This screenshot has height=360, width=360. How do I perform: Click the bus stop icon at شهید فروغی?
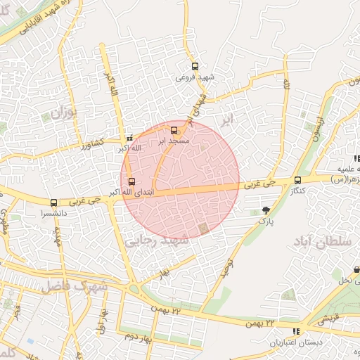click(x=195, y=66)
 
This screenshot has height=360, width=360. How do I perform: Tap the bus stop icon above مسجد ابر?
click(x=174, y=130)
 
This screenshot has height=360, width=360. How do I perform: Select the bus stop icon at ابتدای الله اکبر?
click(x=131, y=181)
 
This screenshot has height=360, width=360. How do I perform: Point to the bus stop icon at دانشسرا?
click(x=53, y=202)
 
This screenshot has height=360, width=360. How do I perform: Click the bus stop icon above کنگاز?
click(x=297, y=179)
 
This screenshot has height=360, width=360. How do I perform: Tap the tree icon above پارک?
click(x=265, y=210)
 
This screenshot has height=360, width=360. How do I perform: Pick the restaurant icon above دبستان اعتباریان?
click(x=296, y=331)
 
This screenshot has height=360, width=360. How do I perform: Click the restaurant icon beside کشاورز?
click(x=129, y=138)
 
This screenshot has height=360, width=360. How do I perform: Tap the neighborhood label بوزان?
click(x=62, y=112)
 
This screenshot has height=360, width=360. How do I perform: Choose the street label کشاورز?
click(x=91, y=143)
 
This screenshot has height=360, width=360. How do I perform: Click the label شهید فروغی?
click(x=194, y=76)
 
